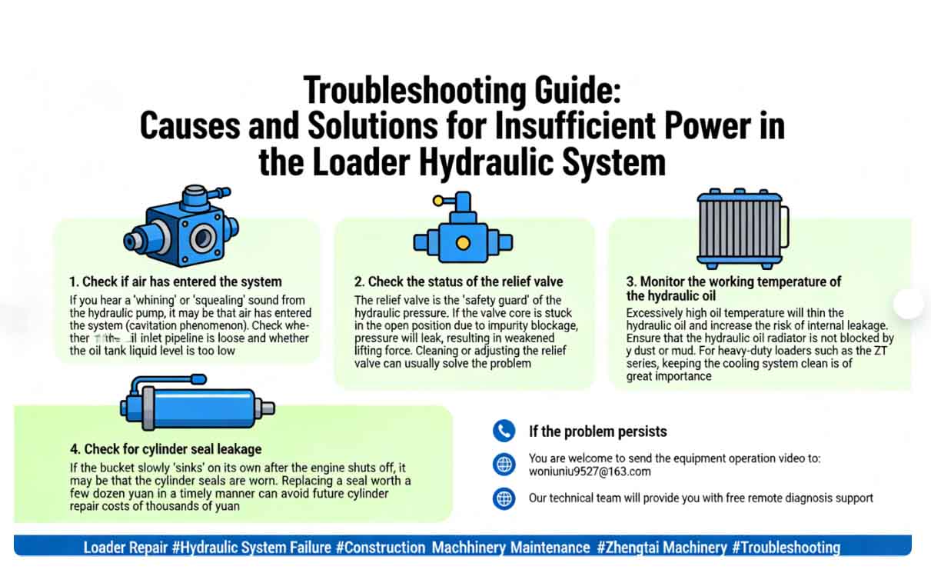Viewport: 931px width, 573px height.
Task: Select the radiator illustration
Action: point(741,228)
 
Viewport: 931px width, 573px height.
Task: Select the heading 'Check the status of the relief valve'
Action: point(459,282)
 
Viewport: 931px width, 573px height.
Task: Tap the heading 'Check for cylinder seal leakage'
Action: point(165,448)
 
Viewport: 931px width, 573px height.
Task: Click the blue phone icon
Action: point(504,431)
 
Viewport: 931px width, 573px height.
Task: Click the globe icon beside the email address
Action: point(504,465)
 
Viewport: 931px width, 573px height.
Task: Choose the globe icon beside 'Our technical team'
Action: point(504,498)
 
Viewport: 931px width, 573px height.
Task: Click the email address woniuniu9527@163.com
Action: point(590,471)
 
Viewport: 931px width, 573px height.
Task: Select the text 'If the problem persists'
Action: point(597,431)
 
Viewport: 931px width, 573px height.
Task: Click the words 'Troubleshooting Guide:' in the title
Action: point(461,90)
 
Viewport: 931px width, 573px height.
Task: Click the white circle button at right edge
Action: point(909,304)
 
